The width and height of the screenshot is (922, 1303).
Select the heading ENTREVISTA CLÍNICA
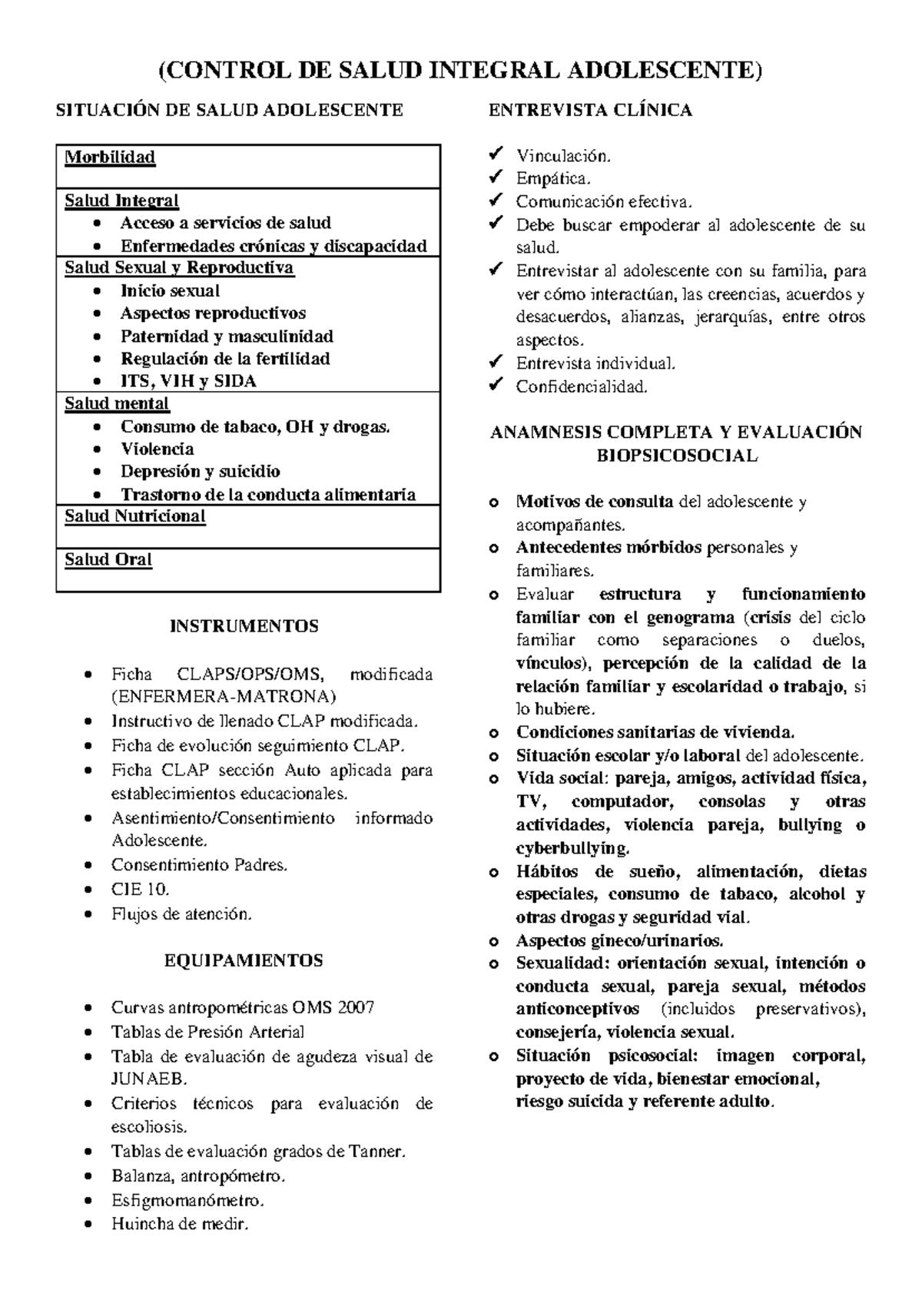[x=590, y=111]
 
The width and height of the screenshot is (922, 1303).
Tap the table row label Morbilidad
[x=110, y=157]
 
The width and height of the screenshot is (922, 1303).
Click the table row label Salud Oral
[x=108, y=560]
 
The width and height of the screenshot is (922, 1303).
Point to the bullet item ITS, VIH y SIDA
[x=188, y=382]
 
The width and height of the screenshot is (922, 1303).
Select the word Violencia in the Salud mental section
[x=157, y=449]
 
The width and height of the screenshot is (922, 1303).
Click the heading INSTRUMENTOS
[x=244, y=626]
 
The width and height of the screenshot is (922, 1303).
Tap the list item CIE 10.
[x=140, y=890]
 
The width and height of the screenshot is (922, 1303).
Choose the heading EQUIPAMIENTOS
[x=244, y=960]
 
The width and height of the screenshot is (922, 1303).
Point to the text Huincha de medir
[x=181, y=1225]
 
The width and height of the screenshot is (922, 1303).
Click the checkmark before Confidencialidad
[x=496, y=385]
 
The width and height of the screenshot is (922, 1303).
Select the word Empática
[x=553, y=179]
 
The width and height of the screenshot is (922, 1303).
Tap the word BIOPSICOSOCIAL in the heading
[x=677, y=456]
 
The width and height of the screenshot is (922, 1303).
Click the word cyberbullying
[x=572, y=848]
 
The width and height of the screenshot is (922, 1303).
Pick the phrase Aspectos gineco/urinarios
[x=619, y=940]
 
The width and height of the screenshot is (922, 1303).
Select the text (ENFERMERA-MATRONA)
[x=224, y=697]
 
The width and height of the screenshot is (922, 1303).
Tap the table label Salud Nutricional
[x=135, y=516]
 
